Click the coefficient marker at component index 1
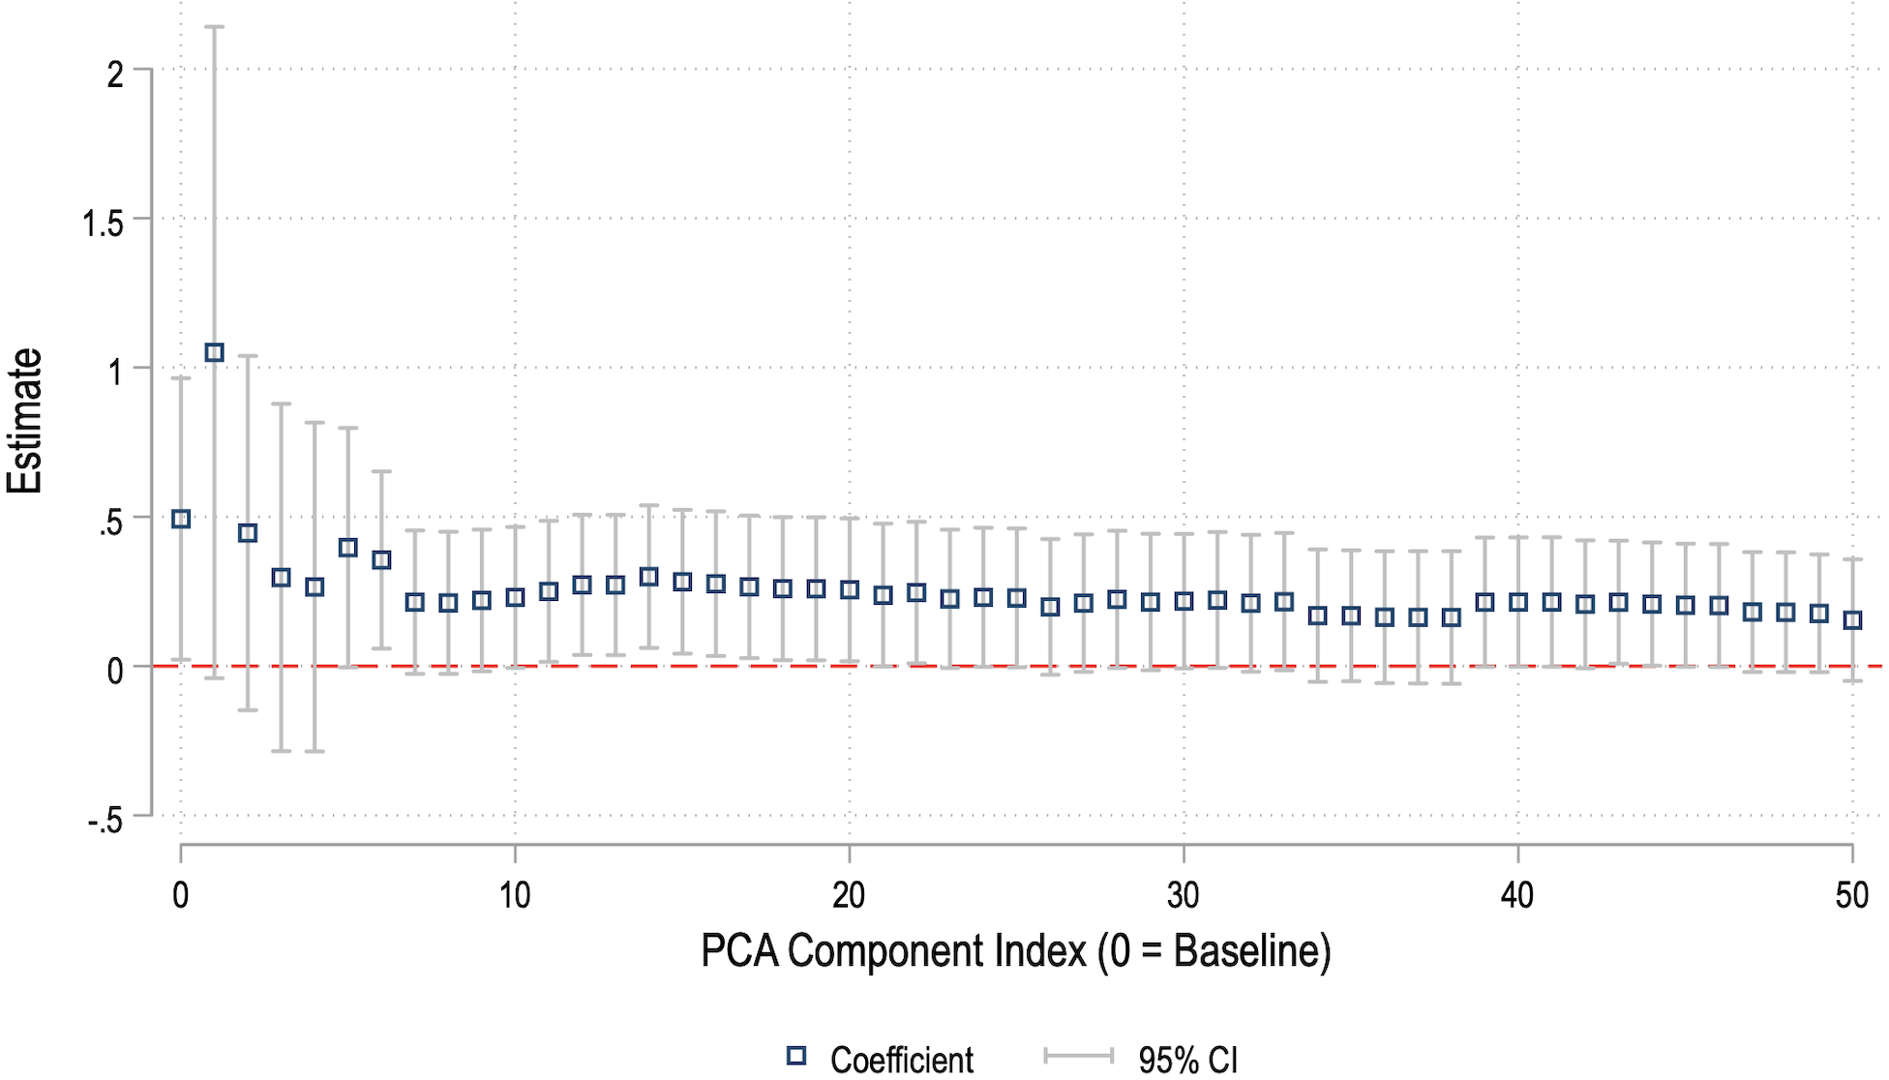[215, 353]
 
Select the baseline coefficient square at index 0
[181, 519]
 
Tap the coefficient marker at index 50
[1852, 620]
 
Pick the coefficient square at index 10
[515, 597]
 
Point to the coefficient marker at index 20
[850, 589]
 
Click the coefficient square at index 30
[1184, 601]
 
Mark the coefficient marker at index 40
[1518, 602]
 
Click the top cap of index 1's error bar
[215, 27]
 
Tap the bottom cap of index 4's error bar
[315, 751]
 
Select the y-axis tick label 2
[115, 74]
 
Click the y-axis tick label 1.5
[104, 224]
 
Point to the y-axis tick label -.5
[105, 821]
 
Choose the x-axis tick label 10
[515, 895]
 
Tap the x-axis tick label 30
[1184, 895]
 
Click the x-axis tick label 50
[1851, 895]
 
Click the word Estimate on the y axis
[25, 421]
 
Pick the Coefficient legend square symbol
[796, 1056]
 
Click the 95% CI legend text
[1187, 1061]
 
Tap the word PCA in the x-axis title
[739, 951]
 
